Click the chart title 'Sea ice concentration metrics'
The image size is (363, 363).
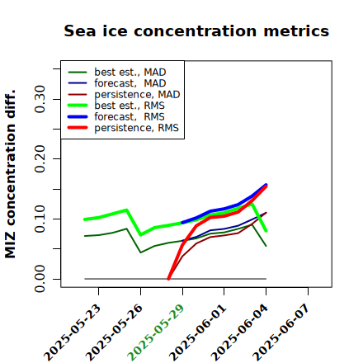196,31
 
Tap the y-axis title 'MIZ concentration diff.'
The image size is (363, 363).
10,174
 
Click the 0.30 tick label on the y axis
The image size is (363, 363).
40,99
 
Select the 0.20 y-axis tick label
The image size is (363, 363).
40,158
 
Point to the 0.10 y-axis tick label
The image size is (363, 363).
40,219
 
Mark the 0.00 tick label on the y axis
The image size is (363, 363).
40,279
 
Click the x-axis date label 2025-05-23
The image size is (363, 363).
73,332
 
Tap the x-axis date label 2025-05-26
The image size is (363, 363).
115,332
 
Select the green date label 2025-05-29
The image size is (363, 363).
156,332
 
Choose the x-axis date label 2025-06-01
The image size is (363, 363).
198,332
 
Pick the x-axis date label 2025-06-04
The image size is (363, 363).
240,332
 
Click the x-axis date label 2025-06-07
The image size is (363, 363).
281,332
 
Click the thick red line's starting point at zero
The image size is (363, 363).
168,279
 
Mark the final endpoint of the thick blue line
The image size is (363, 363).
266,185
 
